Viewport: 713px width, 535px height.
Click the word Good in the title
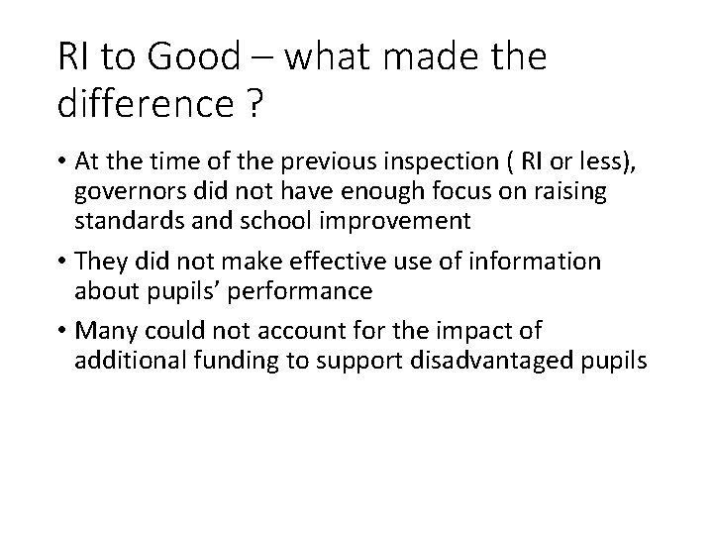point(195,57)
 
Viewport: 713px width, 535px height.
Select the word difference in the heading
point(136,103)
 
